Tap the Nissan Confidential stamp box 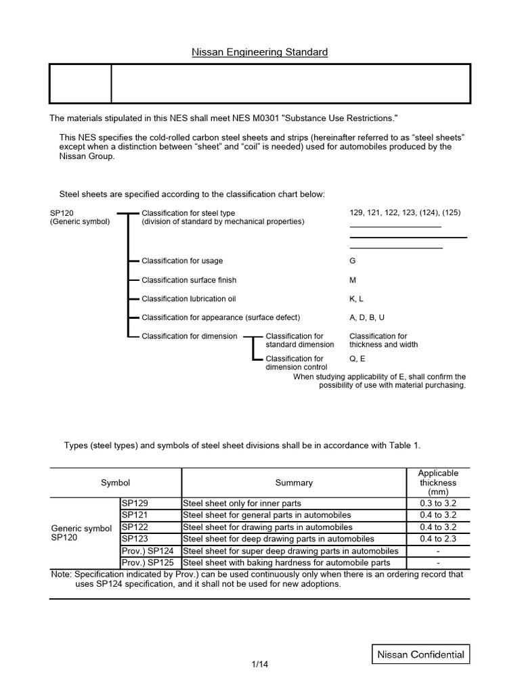coord(420,654)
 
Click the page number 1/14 coord(259,665)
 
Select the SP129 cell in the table coord(150,504)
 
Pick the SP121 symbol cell coord(150,515)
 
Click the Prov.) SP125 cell coord(150,562)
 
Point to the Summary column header coord(294,483)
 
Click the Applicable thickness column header coord(438,483)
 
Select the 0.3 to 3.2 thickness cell coord(438,504)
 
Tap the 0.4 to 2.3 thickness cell coord(438,539)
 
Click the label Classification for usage coord(182,261)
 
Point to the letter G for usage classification coord(352,261)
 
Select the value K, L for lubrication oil coord(356,298)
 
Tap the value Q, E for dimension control coord(357,359)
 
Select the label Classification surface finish coord(189,280)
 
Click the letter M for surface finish coord(352,280)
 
